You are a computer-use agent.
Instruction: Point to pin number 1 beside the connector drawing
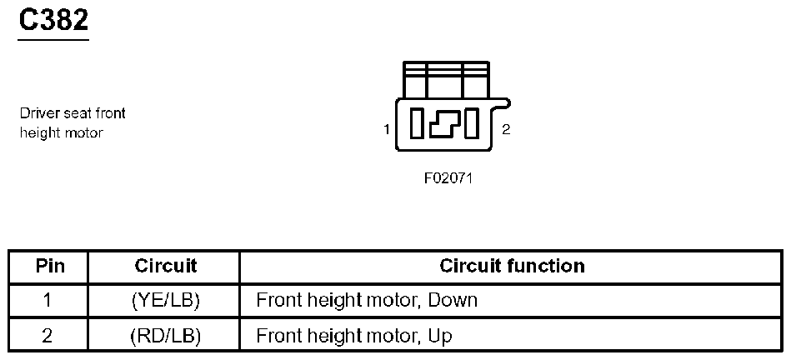387,129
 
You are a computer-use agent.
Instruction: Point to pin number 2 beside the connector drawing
506,130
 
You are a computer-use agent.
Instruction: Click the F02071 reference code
448,177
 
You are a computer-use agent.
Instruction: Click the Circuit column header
166,267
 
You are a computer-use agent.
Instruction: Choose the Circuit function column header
512,267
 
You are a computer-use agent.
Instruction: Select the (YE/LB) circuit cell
166,300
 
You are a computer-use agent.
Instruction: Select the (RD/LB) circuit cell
166,336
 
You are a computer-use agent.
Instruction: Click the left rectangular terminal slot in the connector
418,124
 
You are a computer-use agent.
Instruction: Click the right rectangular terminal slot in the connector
473,124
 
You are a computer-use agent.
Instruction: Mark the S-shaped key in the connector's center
445,124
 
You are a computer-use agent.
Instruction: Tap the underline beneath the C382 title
54,38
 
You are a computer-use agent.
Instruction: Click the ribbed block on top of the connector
445,79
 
